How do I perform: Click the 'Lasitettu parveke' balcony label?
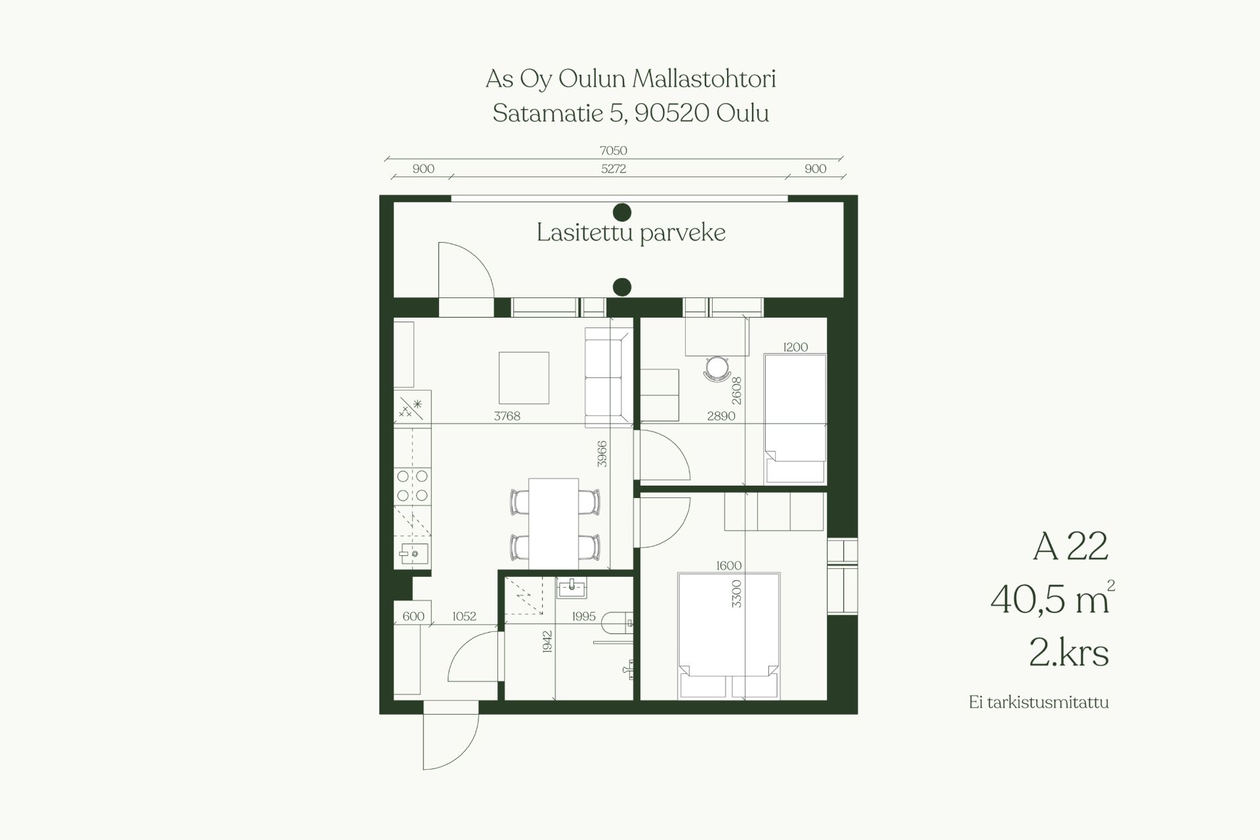[x=631, y=233]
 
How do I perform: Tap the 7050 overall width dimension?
[x=613, y=150]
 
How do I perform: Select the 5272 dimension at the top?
[x=614, y=169]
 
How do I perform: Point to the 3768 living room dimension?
[x=507, y=415]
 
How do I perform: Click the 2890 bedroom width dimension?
[x=721, y=415]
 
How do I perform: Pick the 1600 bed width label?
[x=728, y=566]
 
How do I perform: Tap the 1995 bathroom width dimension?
[x=583, y=616]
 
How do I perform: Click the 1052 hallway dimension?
[x=464, y=616]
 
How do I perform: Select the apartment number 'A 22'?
[x=1070, y=546]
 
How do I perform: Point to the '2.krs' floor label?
[x=1069, y=653]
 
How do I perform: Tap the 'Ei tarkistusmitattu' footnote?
[x=1039, y=702]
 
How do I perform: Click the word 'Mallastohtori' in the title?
[x=704, y=79]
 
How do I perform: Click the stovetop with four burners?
[x=412, y=486]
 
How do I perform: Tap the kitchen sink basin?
[x=414, y=554]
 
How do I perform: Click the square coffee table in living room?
[x=524, y=378]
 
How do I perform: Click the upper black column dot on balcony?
[x=621, y=212]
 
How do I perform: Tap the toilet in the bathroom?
[x=618, y=621]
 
